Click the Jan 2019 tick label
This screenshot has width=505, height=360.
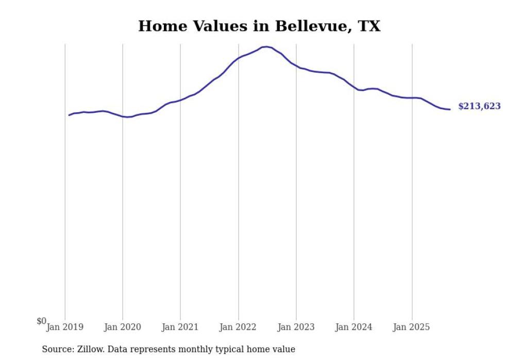(x=65, y=327)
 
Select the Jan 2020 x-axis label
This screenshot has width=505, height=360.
(x=123, y=327)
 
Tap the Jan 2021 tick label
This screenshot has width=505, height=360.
(x=180, y=327)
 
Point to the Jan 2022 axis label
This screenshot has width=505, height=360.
(x=238, y=327)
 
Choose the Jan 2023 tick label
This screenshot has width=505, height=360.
(x=296, y=327)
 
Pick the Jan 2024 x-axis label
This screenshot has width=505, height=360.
(x=353, y=327)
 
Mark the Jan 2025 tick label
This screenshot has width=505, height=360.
(x=411, y=327)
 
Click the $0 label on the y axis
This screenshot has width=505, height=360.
(x=41, y=321)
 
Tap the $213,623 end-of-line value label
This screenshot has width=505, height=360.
(x=479, y=107)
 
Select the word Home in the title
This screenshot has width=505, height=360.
(x=161, y=26)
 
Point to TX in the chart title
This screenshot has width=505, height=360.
(x=368, y=26)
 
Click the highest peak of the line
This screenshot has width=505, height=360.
(x=266, y=47)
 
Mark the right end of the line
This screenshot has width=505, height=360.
(x=450, y=109)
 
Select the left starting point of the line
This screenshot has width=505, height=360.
(x=69, y=115)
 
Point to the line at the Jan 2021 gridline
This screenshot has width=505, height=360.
(x=180, y=100)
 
